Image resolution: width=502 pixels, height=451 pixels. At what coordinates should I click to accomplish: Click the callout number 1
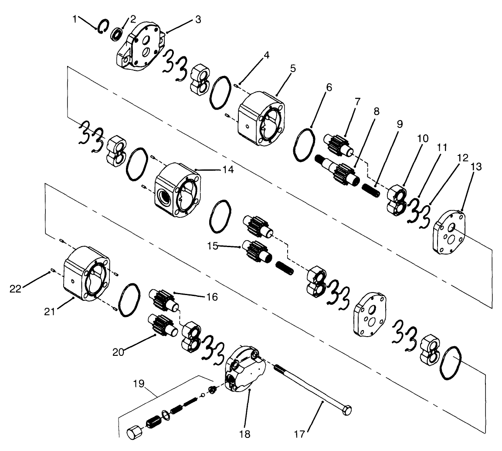75,19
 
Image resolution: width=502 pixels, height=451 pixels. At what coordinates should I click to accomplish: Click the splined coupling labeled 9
373,190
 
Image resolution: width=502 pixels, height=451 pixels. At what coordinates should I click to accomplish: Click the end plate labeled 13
450,231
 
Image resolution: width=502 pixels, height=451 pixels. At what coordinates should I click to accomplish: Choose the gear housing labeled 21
87,274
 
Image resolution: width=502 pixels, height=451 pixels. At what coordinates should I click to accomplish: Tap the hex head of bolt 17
346,410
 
